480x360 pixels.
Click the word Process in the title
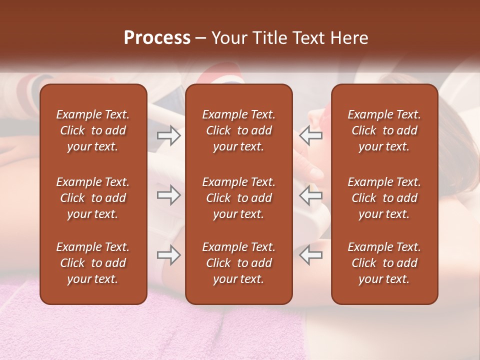pyautogui.click(x=157, y=38)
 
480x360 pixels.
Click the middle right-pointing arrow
pyautogui.click(x=168, y=195)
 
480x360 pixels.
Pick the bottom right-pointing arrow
pyautogui.click(x=168, y=255)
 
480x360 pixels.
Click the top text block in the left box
pyautogui.click(x=93, y=130)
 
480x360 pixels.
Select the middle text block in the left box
pyautogui.click(x=93, y=198)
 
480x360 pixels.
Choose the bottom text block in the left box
pyautogui.click(x=93, y=263)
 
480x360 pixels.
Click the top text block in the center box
pyautogui.click(x=238, y=130)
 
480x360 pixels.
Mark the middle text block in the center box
pyautogui.click(x=238, y=198)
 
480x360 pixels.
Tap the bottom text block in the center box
pyautogui.click(x=238, y=263)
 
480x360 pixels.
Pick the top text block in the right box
pyautogui.click(x=384, y=130)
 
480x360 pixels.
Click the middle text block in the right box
pyautogui.click(x=384, y=198)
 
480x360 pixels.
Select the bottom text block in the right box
pyautogui.click(x=384, y=263)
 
